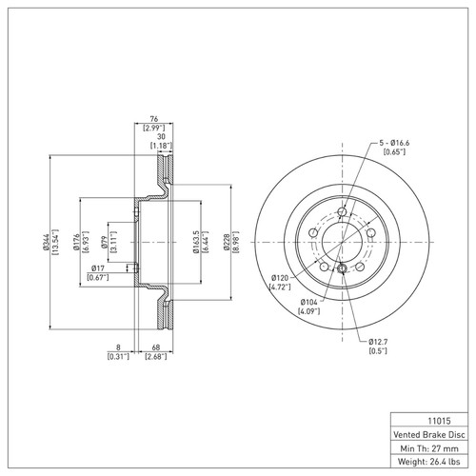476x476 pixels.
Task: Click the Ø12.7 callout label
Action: click(x=379, y=341)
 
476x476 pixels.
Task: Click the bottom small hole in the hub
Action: click(x=341, y=272)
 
